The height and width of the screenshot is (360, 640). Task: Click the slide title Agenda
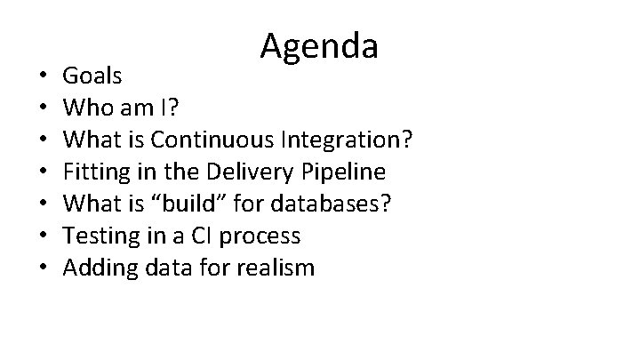tap(320, 46)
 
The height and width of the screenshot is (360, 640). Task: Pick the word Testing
tap(100, 236)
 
